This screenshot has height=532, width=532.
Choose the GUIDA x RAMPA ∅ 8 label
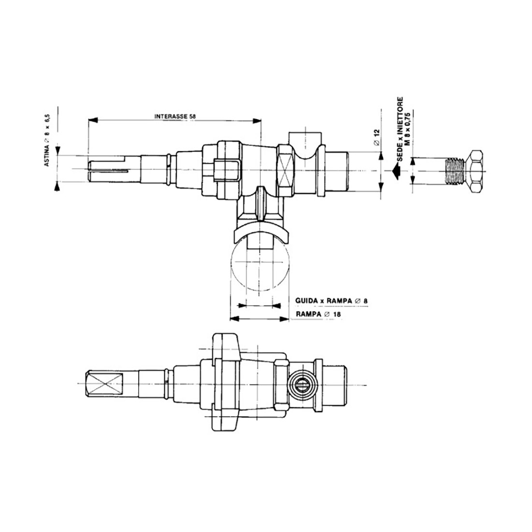(331, 301)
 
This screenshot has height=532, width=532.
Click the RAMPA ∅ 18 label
(319, 314)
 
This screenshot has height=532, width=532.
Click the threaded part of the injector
(453, 171)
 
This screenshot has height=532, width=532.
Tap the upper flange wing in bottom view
(226, 346)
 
